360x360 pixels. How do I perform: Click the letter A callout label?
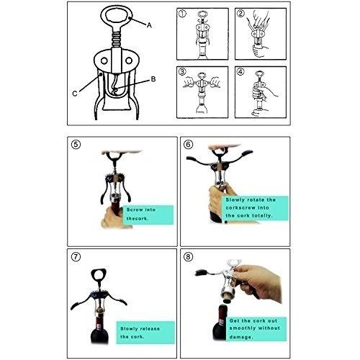[149, 25]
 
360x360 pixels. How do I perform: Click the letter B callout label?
[153, 79]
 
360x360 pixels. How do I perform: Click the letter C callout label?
[75, 94]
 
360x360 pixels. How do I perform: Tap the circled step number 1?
[182, 14]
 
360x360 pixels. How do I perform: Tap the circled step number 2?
[240, 14]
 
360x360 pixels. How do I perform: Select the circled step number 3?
[182, 71]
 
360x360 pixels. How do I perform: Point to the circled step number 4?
[240, 71]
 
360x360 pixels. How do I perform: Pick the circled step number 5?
[76, 145]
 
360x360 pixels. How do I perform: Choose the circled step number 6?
[189, 145]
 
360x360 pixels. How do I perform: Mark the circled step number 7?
[76, 257]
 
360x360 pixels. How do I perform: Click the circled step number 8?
[188, 257]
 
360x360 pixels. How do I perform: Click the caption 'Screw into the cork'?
[141, 214]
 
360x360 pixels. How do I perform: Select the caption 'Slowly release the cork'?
[140, 333]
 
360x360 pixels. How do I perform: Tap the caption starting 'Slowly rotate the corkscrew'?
[251, 207]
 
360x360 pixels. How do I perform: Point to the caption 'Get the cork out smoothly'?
[254, 329]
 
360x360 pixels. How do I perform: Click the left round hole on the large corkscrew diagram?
[104, 60]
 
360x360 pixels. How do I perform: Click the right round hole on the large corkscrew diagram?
[129, 60]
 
